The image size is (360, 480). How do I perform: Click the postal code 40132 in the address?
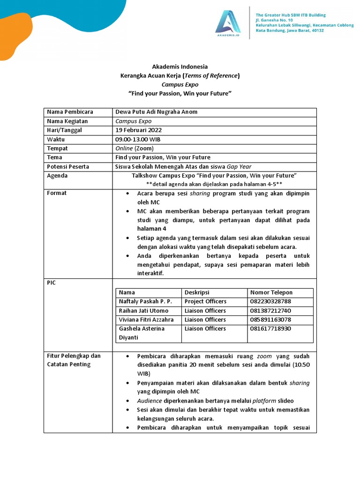point(315,31)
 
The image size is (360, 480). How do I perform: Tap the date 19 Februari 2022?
point(139,130)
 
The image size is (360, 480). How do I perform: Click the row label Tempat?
point(57,148)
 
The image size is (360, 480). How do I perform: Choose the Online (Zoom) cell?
point(134,148)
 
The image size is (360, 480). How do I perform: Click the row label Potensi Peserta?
point(68,166)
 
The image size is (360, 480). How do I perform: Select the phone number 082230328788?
point(270,301)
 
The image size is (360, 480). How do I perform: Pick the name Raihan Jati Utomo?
point(143,311)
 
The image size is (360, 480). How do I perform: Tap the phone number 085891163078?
point(270,320)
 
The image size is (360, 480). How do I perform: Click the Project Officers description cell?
point(205,301)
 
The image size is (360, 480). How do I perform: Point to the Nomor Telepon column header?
point(271,292)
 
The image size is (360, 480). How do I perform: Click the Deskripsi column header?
point(197,292)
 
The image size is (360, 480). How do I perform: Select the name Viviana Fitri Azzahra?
point(146,320)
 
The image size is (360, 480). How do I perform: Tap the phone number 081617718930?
point(270,329)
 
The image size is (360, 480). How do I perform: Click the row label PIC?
point(51,283)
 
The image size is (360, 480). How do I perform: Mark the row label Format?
point(57,193)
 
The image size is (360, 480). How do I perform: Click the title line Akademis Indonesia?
point(180,67)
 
